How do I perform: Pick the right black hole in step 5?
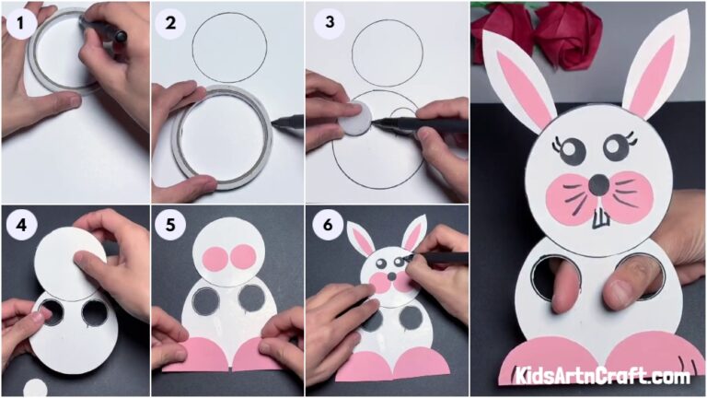tap(250, 298)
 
